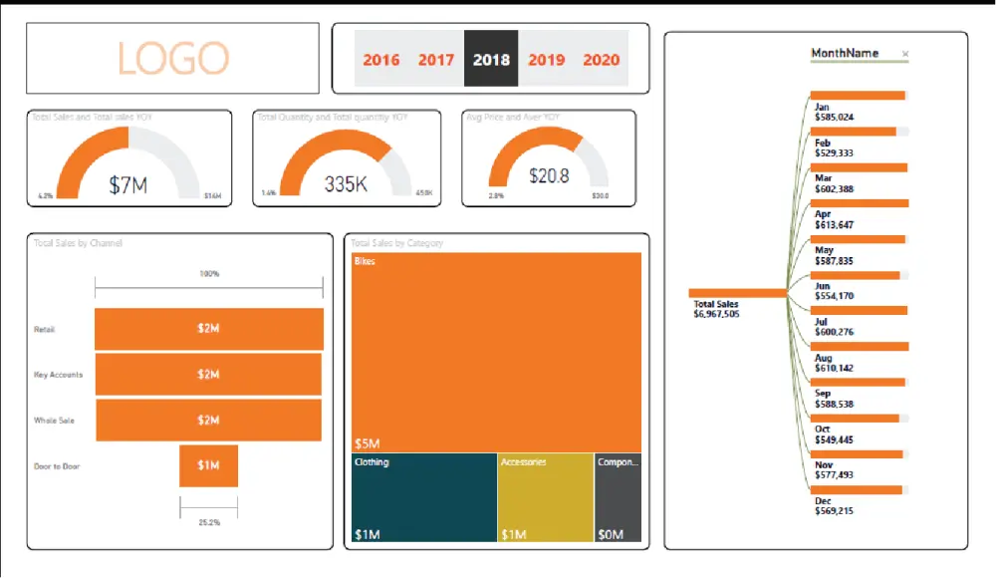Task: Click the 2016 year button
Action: coord(381,60)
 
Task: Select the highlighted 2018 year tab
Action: coord(491,60)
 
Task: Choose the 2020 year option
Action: coord(601,60)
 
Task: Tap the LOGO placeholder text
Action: coord(173,59)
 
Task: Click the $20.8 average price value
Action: coord(549,176)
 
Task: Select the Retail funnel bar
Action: coord(208,329)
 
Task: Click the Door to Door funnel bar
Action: coord(208,465)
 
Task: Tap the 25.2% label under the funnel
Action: coord(208,521)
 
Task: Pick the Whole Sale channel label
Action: coord(54,421)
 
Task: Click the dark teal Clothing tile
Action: coord(423,498)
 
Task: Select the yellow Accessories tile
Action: coord(545,498)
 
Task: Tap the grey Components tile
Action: coord(618,498)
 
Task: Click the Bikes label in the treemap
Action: coord(365,261)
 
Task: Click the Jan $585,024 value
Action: coord(834,117)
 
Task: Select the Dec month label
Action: coord(823,501)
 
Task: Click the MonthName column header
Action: coord(845,54)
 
